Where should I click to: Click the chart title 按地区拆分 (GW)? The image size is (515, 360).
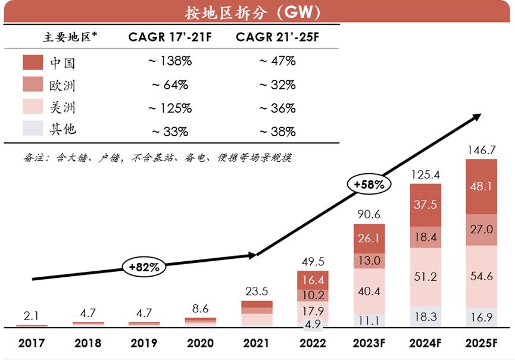(x=257, y=11)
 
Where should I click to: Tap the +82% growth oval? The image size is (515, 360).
(x=144, y=267)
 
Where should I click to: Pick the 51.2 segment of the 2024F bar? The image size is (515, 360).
(x=425, y=277)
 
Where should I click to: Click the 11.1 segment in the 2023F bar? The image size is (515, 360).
(x=369, y=321)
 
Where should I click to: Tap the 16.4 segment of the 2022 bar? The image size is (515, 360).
(x=313, y=280)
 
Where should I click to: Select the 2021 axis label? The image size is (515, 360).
(x=257, y=343)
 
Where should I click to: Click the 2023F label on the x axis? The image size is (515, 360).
(x=369, y=343)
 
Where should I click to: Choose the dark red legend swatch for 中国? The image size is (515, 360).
(x=33, y=62)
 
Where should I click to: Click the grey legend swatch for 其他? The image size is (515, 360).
(x=33, y=129)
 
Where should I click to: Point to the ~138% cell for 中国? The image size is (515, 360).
(x=170, y=61)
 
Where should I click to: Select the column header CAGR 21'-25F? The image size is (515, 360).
(x=277, y=37)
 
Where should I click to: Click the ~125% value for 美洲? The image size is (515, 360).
(x=170, y=108)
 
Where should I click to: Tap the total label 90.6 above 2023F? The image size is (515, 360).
(x=369, y=214)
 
